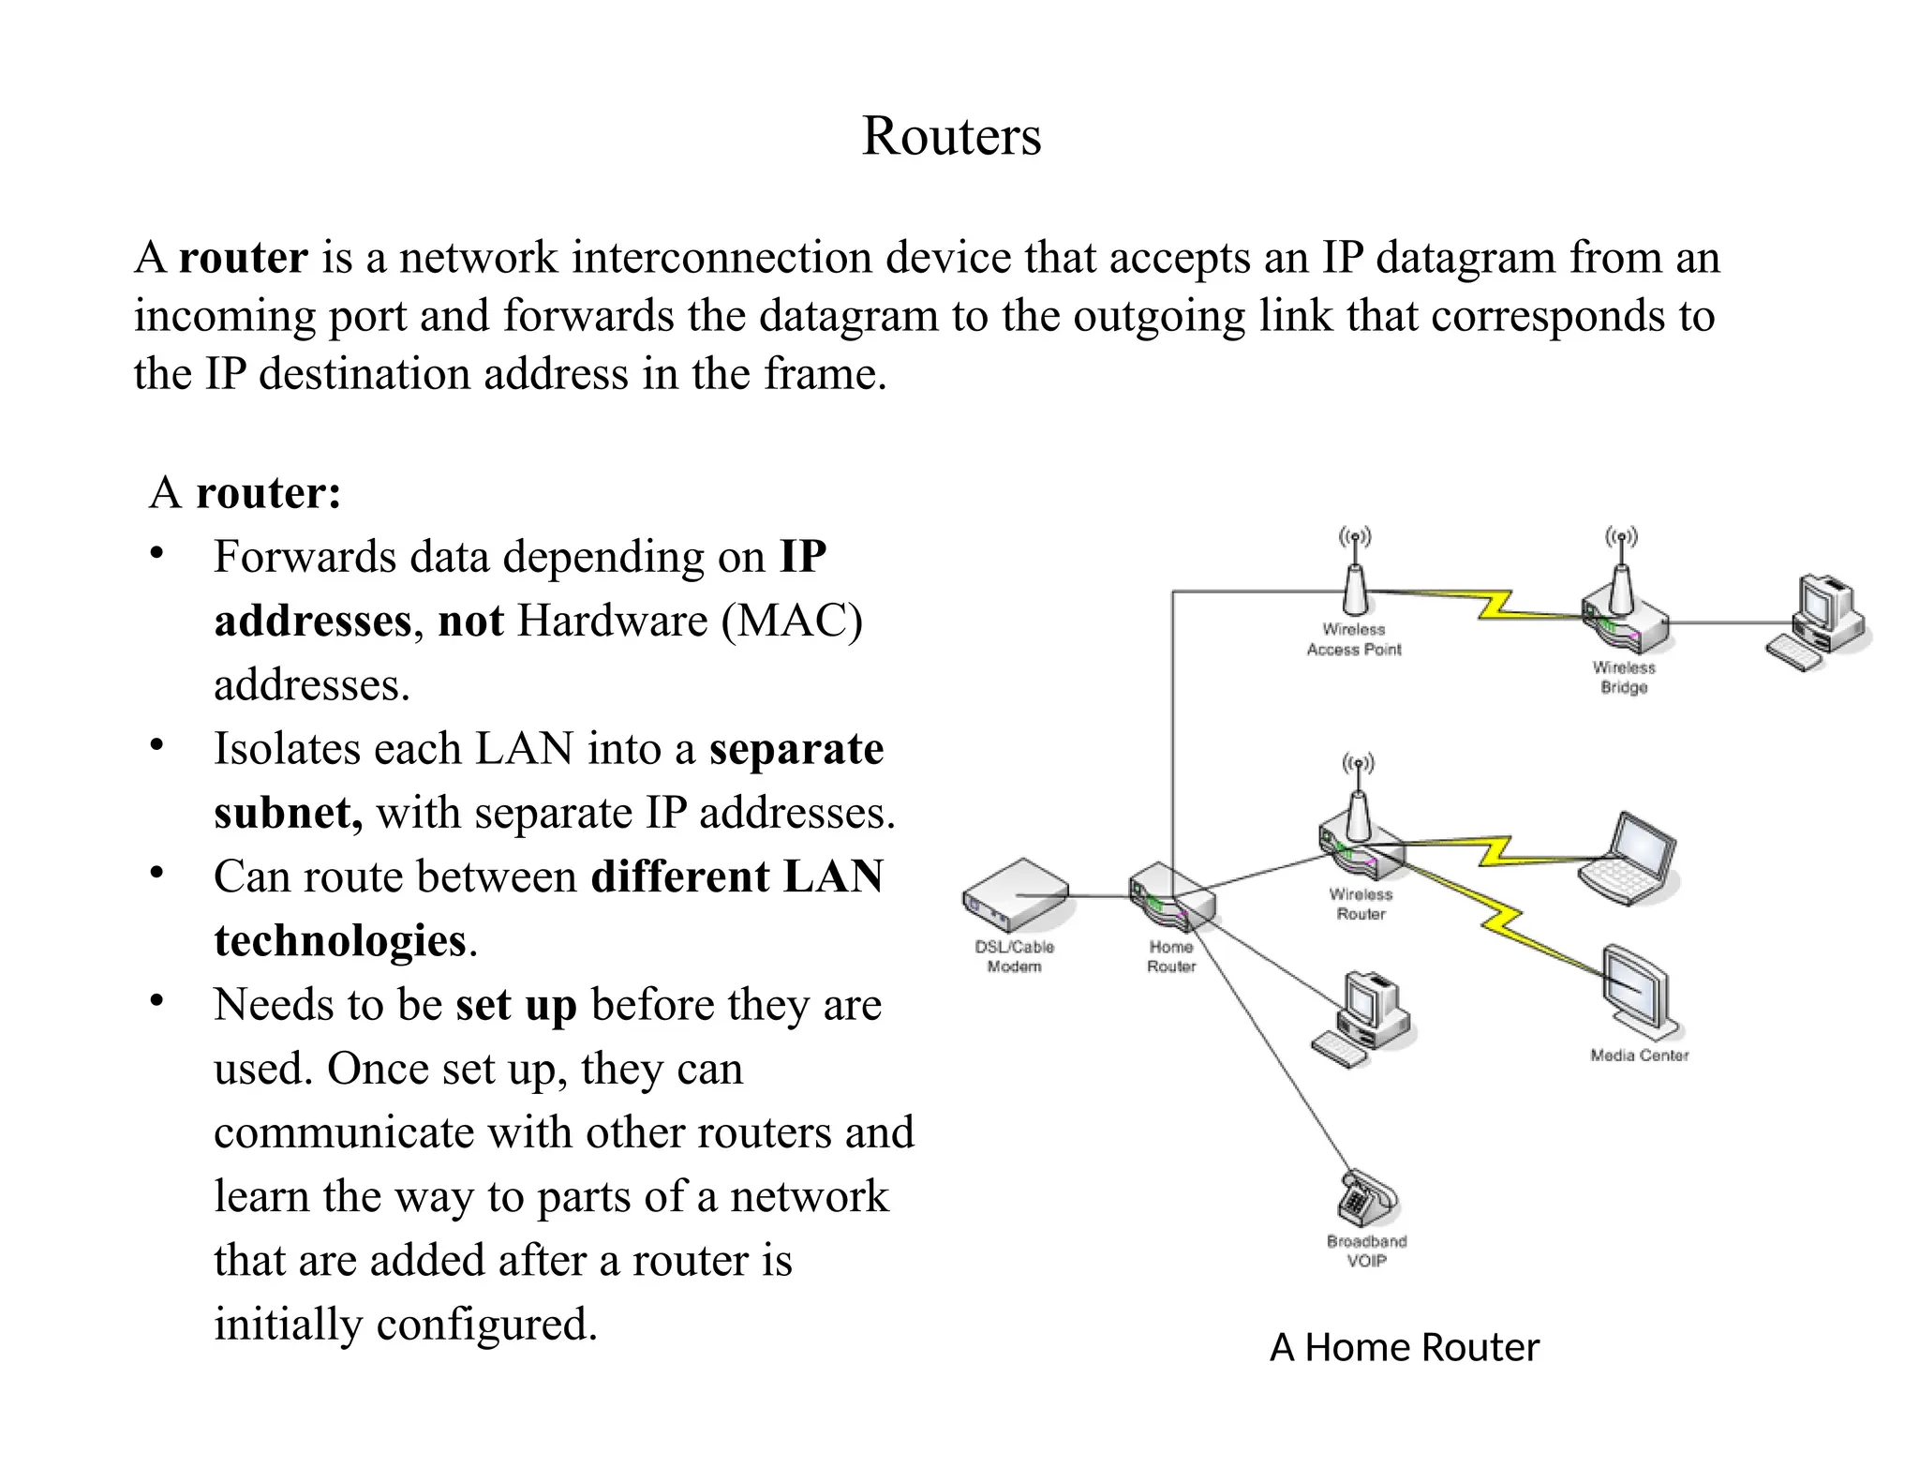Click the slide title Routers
coord(950,136)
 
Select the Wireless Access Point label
coord(1353,639)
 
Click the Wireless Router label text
coord(1361,904)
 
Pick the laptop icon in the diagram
coord(1628,860)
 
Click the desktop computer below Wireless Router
coord(1365,1019)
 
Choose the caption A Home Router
coord(1404,1347)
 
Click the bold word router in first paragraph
coord(243,258)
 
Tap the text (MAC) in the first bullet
coord(792,621)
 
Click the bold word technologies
coord(339,940)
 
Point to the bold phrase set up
coord(515,1005)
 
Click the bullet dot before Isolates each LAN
coord(157,746)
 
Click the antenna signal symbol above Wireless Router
coord(1357,764)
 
